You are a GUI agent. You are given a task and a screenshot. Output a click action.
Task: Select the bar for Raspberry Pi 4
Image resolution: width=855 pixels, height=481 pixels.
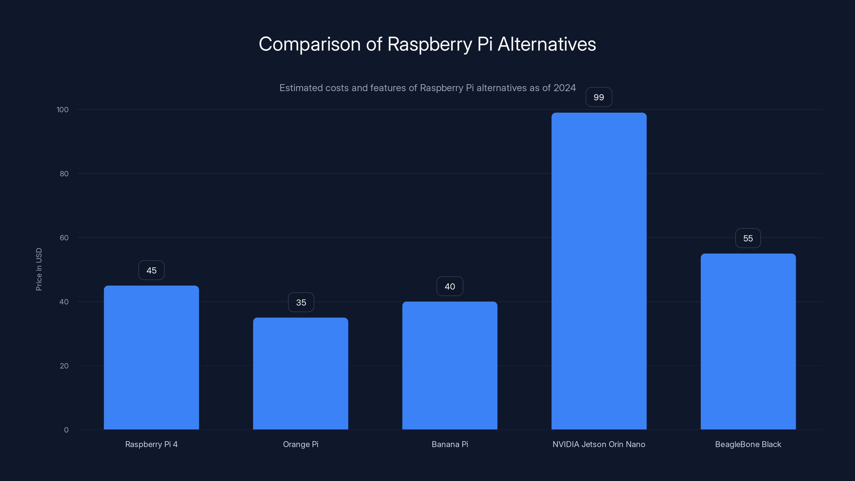point(151,358)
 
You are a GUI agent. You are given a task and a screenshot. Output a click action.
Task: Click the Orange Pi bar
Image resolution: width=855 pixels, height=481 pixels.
point(300,374)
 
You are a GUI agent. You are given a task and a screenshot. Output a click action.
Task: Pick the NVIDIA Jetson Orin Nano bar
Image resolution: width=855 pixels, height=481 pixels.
point(599,271)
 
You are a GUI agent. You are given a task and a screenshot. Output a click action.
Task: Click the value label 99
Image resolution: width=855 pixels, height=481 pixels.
point(599,97)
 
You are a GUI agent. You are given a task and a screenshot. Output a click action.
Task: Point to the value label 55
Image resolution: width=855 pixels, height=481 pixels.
point(748,238)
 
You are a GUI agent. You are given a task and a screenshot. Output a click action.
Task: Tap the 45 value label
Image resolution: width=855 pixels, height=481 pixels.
point(151,270)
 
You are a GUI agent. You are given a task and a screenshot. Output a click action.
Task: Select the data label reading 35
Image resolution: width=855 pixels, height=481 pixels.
point(301,302)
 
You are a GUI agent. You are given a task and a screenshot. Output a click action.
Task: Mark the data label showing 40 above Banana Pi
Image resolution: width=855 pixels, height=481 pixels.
point(450,286)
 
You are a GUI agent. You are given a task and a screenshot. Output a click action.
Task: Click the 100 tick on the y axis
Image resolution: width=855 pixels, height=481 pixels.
point(63,110)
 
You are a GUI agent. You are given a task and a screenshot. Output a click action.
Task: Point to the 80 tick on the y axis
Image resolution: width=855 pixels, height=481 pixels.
point(64,174)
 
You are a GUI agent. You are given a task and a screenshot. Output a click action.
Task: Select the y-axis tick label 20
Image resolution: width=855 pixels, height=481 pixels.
point(64,366)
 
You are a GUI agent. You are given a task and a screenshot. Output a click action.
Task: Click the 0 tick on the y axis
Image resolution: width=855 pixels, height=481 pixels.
point(66,430)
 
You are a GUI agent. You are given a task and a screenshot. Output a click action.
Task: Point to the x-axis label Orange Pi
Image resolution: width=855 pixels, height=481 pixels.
point(300,444)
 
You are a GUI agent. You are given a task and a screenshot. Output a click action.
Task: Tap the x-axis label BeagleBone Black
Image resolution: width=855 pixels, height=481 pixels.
point(748,444)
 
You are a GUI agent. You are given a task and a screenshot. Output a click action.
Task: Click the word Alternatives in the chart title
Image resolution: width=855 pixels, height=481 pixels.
point(547,44)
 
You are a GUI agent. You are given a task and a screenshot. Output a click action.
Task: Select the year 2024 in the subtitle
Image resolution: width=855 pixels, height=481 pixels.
point(564,88)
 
